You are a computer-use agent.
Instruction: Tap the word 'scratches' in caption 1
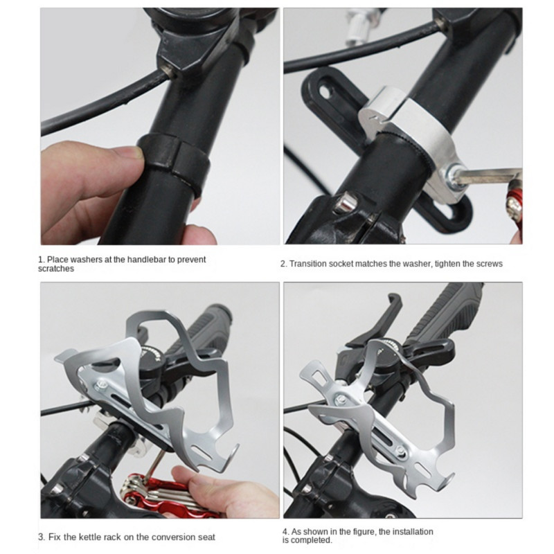(x=57, y=269)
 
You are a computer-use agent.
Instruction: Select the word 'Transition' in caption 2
(x=308, y=264)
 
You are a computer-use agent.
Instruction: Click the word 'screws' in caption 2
(x=489, y=264)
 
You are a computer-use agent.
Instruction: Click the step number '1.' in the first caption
(x=41, y=260)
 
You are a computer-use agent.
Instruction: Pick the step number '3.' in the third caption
(x=41, y=537)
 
